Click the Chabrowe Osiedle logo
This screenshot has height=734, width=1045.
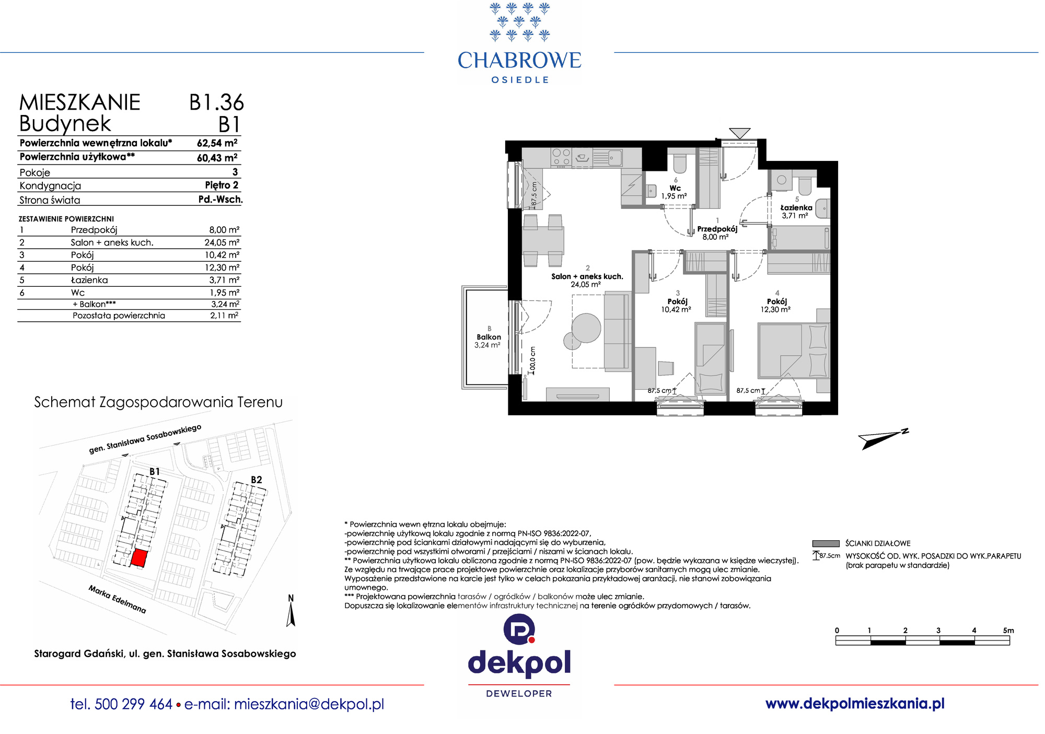(519, 43)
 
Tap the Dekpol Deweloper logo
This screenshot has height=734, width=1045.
(519, 656)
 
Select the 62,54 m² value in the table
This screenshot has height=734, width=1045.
(217, 143)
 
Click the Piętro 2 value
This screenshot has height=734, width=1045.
(222, 185)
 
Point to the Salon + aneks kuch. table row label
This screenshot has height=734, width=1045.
(112, 242)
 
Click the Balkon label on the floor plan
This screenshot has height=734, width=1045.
(489, 337)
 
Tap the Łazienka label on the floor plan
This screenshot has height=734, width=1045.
(796, 207)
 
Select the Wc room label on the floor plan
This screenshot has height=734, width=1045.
(675, 188)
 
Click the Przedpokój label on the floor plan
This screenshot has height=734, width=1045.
(717, 229)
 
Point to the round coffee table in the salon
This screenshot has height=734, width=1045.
(586, 328)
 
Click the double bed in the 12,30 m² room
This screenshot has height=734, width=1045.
(793, 351)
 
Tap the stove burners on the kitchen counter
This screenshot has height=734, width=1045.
(562, 157)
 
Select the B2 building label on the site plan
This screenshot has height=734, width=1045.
(256, 480)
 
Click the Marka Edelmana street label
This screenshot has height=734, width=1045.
(117, 599)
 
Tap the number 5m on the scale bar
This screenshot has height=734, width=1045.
(1008, 631)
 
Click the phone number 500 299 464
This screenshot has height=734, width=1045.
(134, 704)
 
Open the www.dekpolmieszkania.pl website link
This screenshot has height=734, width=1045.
(855, 704)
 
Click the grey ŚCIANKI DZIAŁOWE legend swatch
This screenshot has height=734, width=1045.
(826, 543)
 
